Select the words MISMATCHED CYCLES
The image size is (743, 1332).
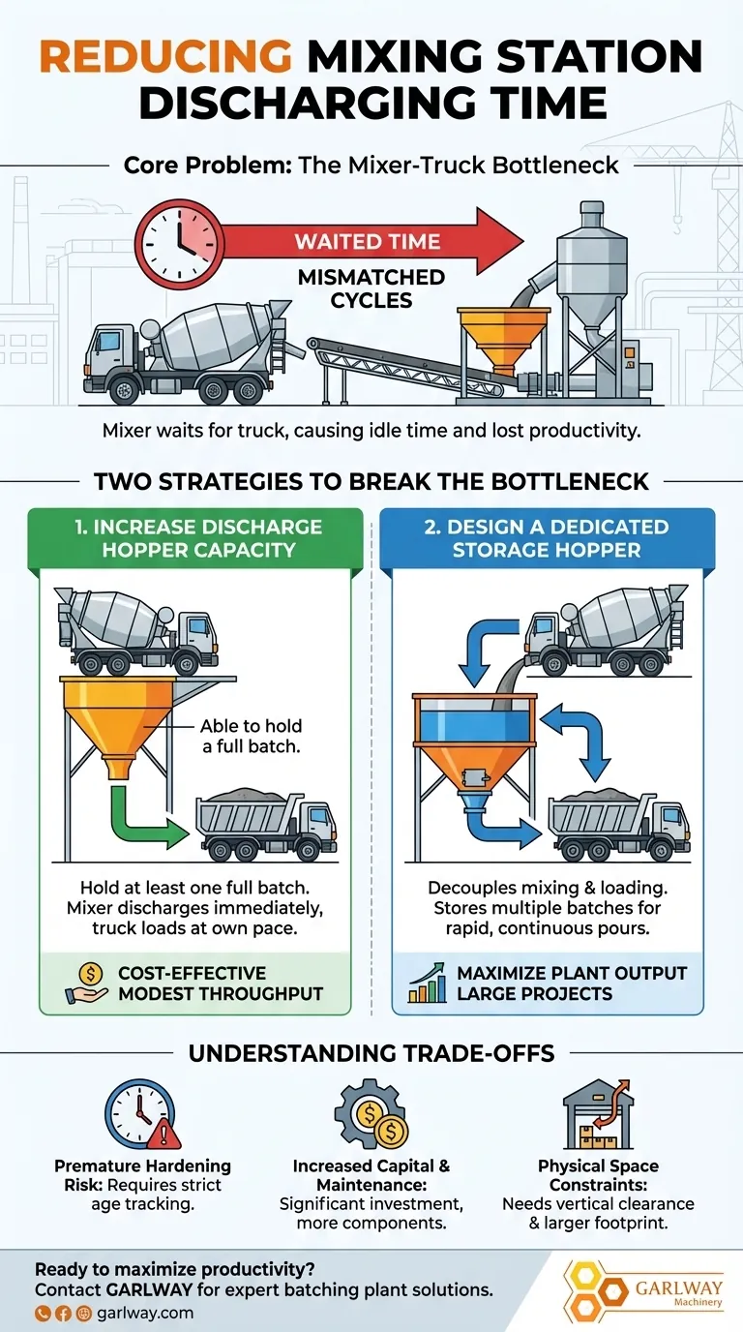371,288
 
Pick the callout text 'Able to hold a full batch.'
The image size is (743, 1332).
251,735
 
